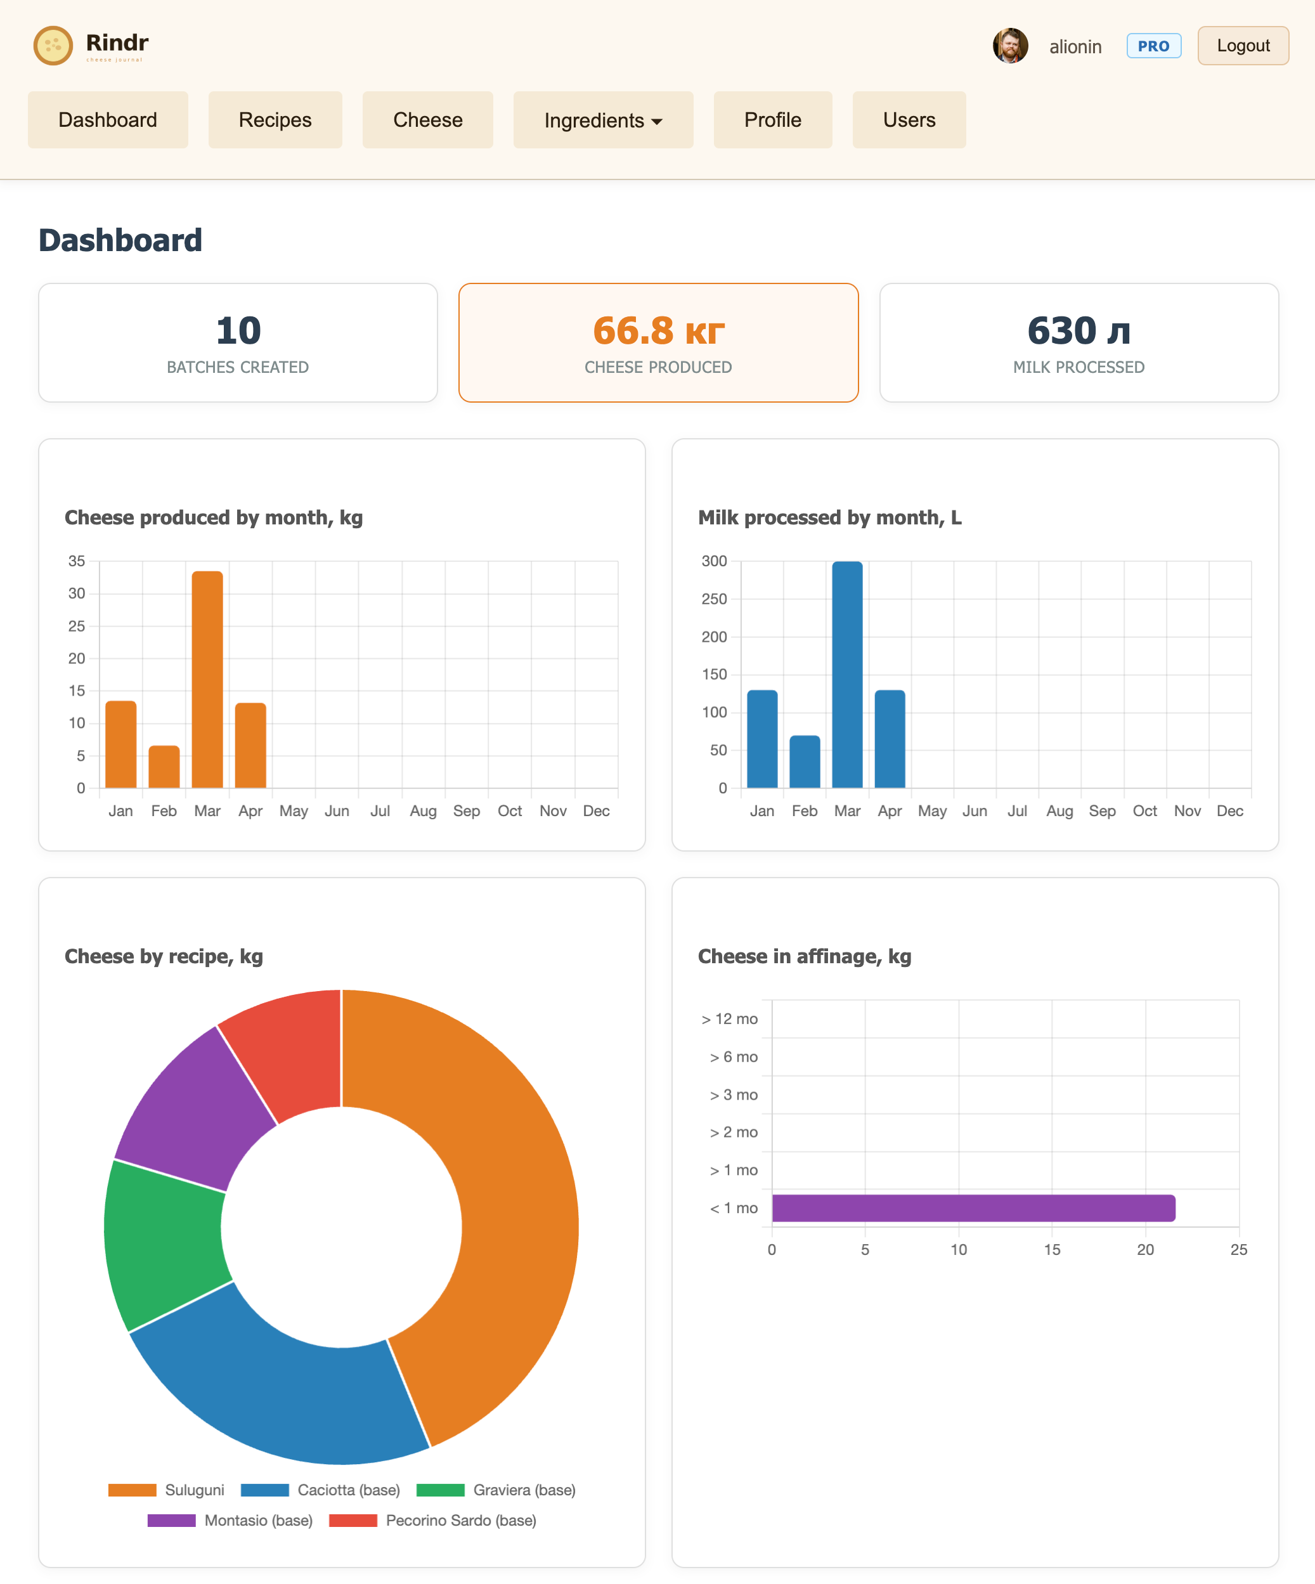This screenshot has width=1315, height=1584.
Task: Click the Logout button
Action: tap(1243, 46)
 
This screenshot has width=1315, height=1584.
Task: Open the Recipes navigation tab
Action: tap(275, 120)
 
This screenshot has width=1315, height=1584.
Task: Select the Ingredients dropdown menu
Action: tap(602, 120)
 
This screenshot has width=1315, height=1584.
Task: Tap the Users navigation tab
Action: tap(909, 120)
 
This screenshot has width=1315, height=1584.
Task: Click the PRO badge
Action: tap(1153, 46)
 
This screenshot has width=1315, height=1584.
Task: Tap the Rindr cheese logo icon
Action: tap(53, 45)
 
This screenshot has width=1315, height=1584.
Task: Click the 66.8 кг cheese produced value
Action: tap(658, 331)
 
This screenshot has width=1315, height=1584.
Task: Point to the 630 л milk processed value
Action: tap(1079, 331)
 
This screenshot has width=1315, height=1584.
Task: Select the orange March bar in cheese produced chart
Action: tap(207, 679)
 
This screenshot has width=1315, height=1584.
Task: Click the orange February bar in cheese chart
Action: tap(164, 767)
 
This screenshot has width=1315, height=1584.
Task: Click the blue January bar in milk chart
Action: tap(761, 739)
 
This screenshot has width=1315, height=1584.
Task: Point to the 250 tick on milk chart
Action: tap(714, 599)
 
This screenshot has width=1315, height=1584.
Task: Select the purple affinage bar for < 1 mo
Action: tap(973, 1207)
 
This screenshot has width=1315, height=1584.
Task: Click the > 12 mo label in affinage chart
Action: tap(729, 1019)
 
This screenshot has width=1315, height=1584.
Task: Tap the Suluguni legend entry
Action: tap(167, 1490)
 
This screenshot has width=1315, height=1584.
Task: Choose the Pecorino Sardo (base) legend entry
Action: tap(433, 1520)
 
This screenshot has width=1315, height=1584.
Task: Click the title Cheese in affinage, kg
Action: tap(804, 956)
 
